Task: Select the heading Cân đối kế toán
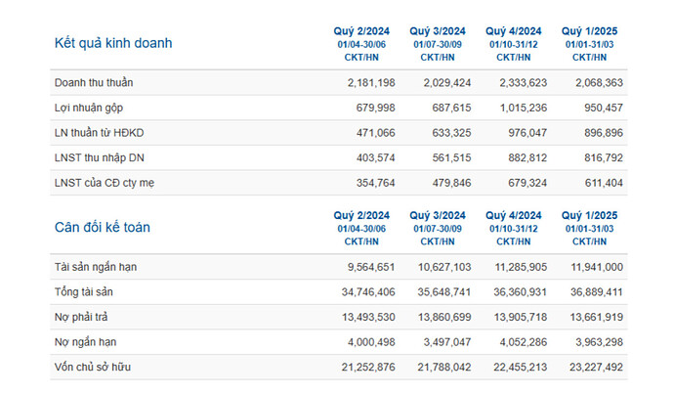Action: [x=102, y=227]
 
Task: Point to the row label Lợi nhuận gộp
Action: [x=89, y=108]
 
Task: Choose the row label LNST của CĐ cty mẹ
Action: [x=105, y=183]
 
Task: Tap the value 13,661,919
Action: [x=591, y=317]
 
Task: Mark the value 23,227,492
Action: [x=591, y=367]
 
